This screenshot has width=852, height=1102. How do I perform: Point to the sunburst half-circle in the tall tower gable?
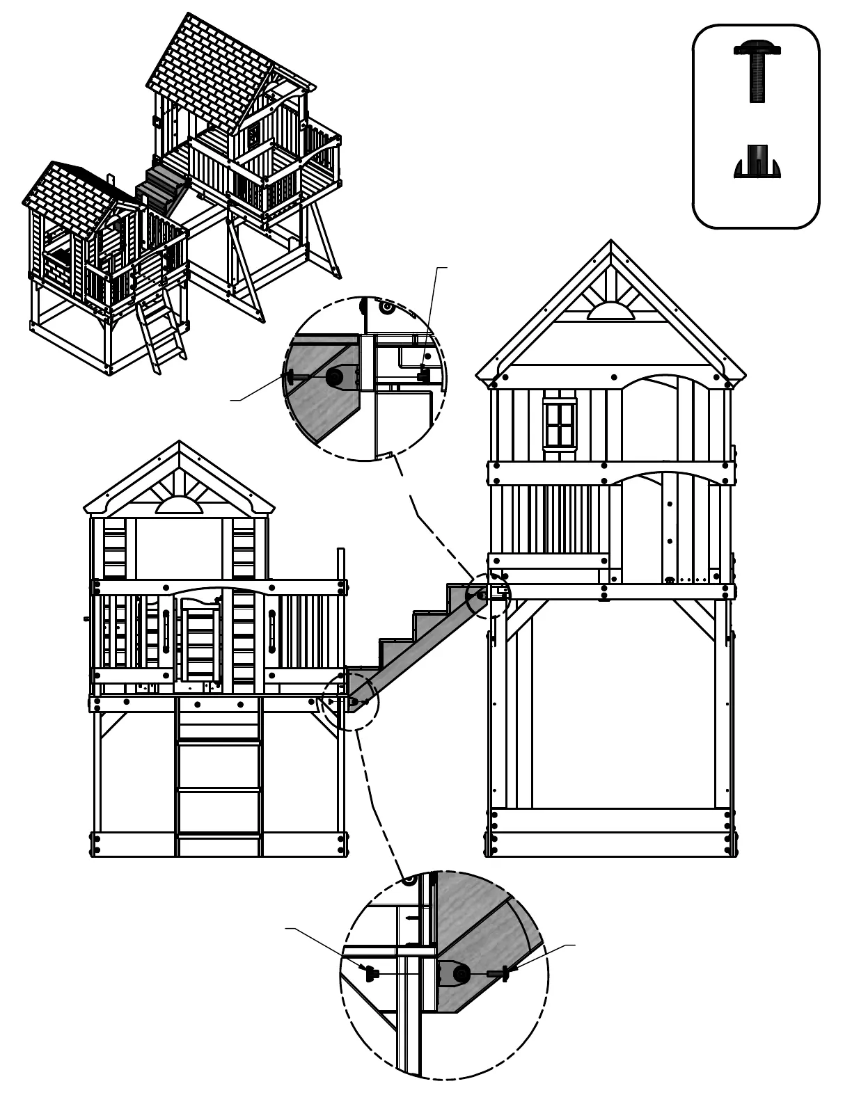[x=610, y=310]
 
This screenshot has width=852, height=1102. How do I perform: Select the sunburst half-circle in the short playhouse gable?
[x=179, y=506]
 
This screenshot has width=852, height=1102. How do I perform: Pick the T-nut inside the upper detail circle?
[x=423, y=375]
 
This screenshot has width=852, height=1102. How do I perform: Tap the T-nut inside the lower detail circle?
[x=370, y=971]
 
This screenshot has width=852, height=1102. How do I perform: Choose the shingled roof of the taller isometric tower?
[x=209, y=77]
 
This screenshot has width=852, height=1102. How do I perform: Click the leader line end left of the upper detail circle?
[x=232, y=400]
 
